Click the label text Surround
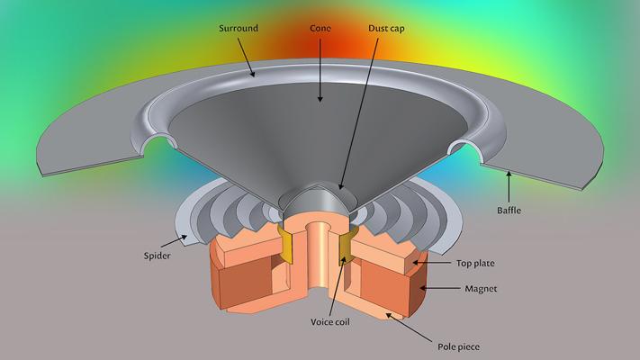coord(239,29)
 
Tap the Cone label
coord(320,29)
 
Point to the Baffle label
coord(509,211)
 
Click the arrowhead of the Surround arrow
coord(254,77)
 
